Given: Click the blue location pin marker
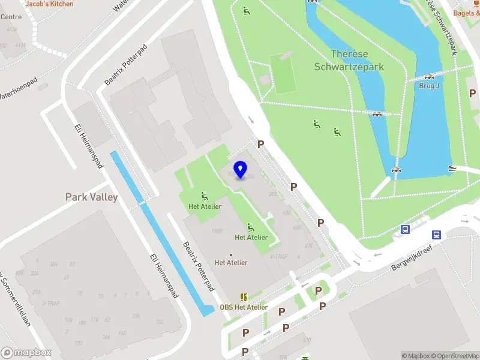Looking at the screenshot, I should [x=241, y=169].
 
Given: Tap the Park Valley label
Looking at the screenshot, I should [x=91, y=197].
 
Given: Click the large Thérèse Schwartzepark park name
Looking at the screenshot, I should [x=349, y=61].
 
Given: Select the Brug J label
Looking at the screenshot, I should [x=429, y=86].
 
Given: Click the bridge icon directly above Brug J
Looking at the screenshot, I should [x=429, y=77].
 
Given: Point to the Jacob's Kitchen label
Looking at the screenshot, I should [x=50, y=4].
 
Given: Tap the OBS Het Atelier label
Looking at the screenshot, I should [x=244, y=307].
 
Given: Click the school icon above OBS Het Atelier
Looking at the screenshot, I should [x=244, y=297].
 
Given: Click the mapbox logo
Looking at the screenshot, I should [x=27, y=353].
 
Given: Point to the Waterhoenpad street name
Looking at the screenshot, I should [x=18, y=88].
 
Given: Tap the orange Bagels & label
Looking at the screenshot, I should [x=466, y=13].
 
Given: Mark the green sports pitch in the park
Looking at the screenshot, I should [x=283, y=73].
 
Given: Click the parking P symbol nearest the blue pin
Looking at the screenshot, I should [x=260, y=144].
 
